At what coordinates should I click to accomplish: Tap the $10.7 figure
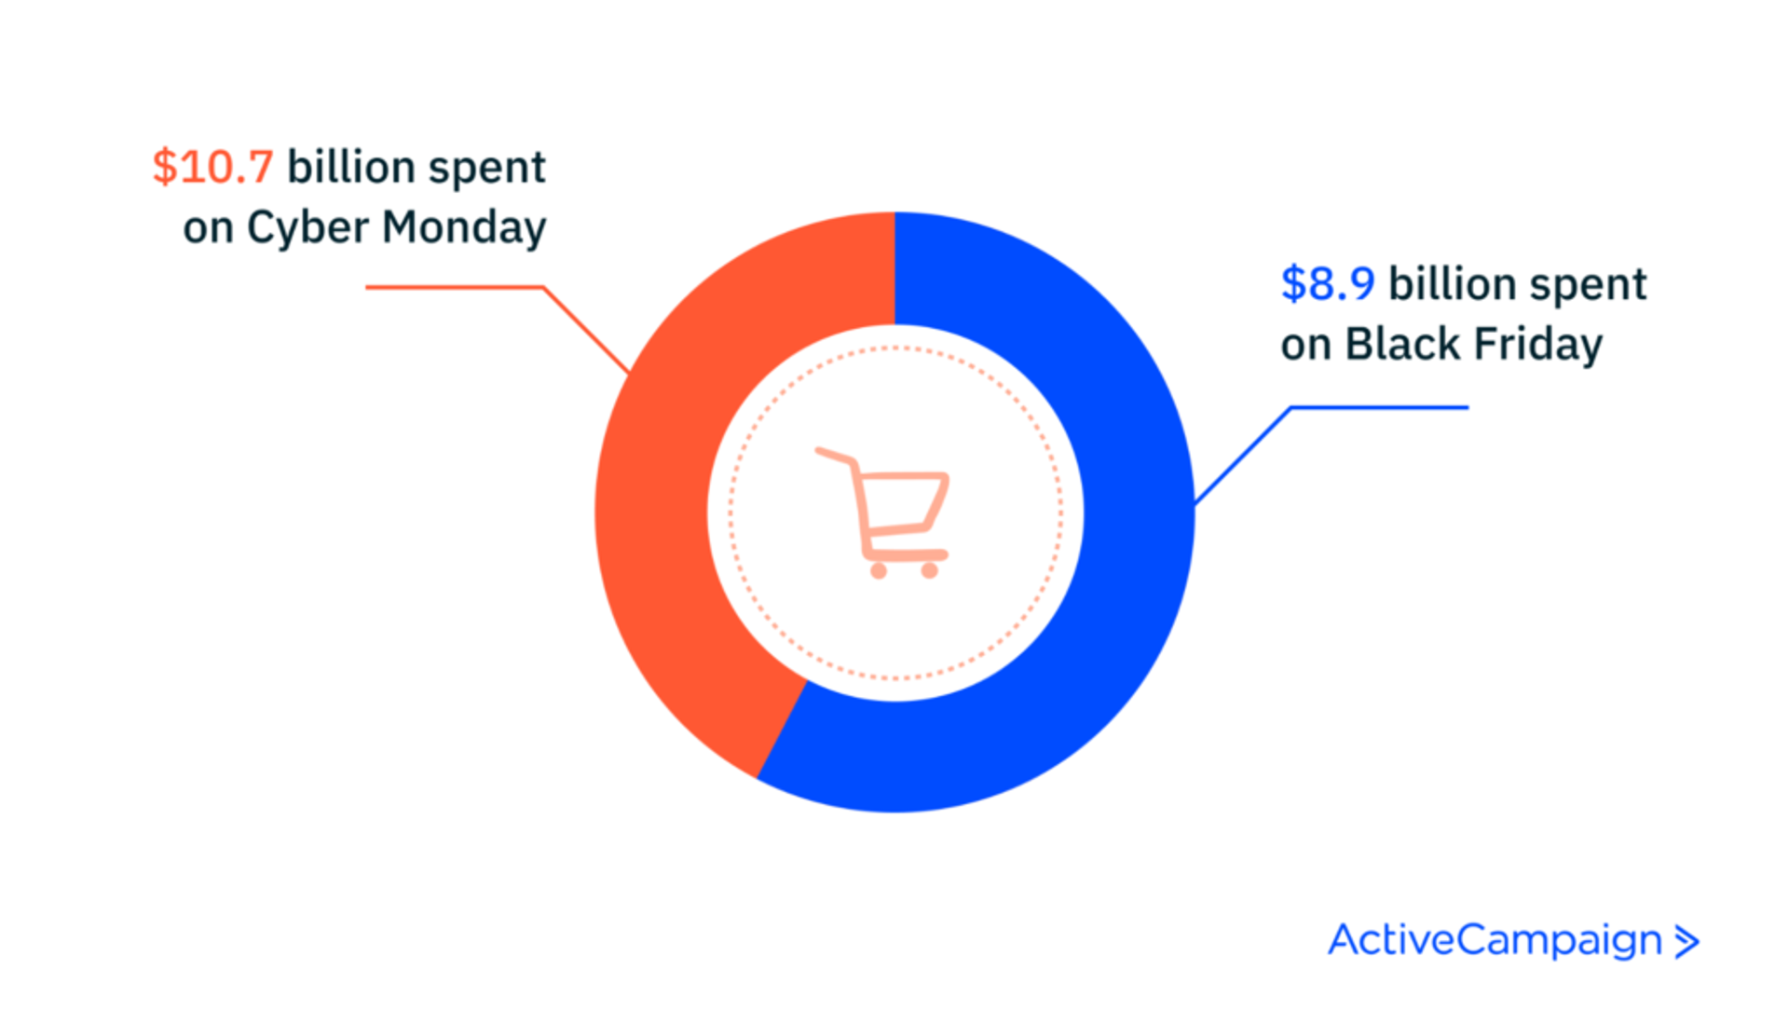[213, 168]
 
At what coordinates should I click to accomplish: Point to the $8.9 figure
[1328, 284]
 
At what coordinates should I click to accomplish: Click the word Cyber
[307, 228]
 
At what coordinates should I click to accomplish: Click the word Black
[1402, 344]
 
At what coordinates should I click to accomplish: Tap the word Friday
[1537, 344]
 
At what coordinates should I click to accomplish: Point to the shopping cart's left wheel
[878, 570]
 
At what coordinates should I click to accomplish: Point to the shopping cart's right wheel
[929, 570]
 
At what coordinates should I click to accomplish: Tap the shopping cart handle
[832, 455]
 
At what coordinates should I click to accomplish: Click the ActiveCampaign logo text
[1495, 940]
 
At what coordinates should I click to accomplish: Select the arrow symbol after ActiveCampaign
[1687, 942]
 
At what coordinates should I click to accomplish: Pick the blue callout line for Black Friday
[1379, 407]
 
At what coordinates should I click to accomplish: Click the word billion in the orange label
[351, 168]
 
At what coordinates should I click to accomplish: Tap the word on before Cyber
[207, 228]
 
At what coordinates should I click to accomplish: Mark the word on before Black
[1304, 344]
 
